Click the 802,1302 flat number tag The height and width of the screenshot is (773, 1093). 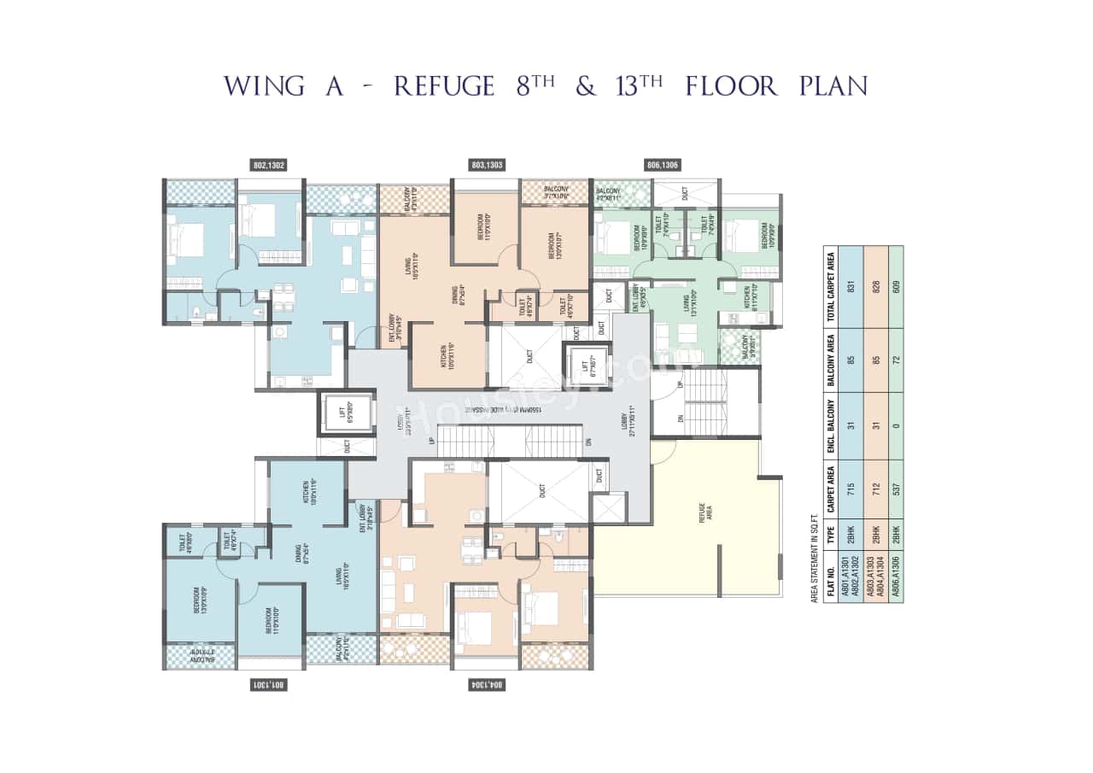pyautogui.click(x=269, y=166)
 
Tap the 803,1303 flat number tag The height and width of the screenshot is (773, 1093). pyautogui.click(x=487, y=166)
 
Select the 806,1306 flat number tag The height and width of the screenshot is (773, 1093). pyautogui.click(x=663, y=166)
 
